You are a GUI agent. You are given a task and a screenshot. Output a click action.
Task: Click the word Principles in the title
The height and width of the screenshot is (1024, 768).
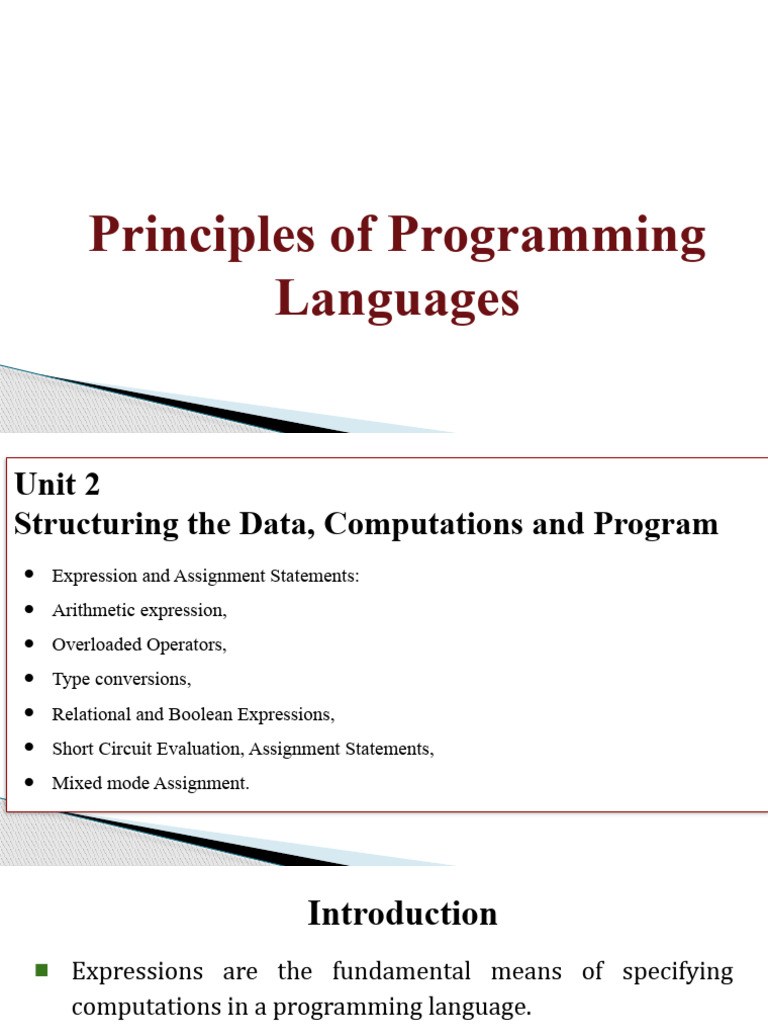(202, 236)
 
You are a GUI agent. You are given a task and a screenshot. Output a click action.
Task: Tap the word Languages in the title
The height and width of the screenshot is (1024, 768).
(397, 300)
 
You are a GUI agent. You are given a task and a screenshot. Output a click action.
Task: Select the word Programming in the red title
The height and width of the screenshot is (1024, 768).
(547, 236)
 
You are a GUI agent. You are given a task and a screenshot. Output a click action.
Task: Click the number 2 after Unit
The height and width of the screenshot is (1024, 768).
(91, 485)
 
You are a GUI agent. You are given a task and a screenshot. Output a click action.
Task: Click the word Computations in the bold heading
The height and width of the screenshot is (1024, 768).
(423, 524)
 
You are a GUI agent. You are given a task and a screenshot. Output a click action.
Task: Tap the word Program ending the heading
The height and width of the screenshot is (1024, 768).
(656, 525)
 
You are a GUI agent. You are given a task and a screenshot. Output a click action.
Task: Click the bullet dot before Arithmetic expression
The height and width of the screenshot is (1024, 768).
(29, 609)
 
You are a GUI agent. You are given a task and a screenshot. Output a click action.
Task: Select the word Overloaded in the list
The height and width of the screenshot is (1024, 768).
(97, 645)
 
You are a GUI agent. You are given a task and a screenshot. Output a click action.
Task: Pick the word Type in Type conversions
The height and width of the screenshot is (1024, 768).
(71, 680)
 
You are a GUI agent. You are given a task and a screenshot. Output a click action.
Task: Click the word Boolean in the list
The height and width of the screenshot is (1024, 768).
(200, 714)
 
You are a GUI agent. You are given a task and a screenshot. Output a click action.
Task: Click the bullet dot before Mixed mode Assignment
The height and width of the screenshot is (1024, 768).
(29, 782)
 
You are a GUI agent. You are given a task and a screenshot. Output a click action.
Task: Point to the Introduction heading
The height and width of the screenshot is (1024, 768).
(402, 913)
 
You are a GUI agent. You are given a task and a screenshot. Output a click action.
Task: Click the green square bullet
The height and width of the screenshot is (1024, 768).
(42, 970)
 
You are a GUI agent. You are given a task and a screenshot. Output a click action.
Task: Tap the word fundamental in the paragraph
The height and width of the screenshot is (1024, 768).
(402, 971)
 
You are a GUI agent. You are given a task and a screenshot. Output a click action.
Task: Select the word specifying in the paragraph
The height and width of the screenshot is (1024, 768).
(678, 972)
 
